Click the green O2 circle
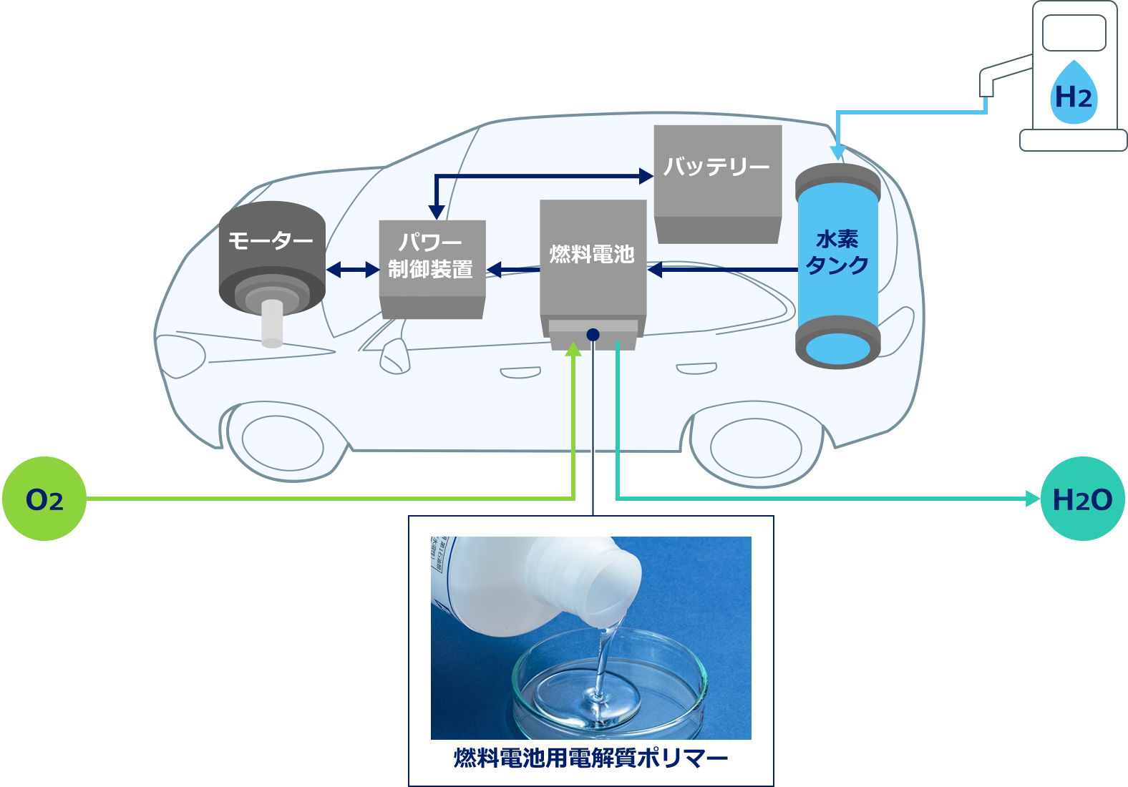[44, 499]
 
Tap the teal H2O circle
[1083, 499]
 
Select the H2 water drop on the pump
[1074, 93]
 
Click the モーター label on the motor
[271, 240]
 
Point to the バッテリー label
[716, 166]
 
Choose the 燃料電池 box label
[592, 254]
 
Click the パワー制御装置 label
[431, 256]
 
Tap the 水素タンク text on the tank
[837, 253]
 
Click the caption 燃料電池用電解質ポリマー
[590, 758]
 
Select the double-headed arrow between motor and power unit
[353, 270]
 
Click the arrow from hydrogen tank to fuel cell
[723, 270]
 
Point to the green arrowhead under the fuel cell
[573, 349]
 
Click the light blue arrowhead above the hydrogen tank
[837, 152]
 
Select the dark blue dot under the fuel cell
[593, 334]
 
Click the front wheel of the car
[283, 443]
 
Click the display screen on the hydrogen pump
[1074, 33]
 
